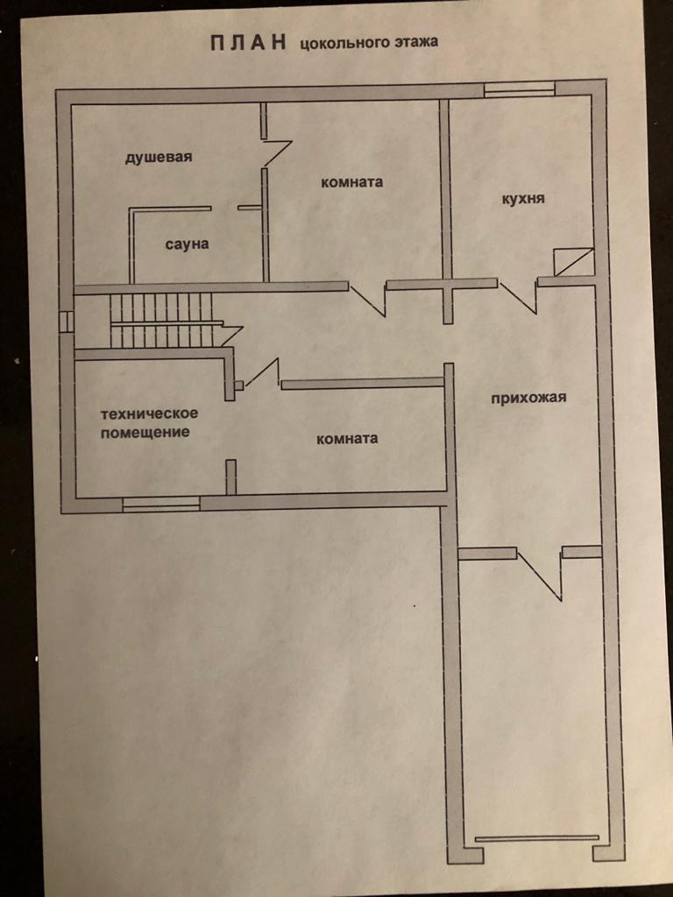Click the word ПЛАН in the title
click(x=248, y=44)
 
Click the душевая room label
click(x=158, y=157)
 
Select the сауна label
click(x=187, y=244)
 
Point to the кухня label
click(x=523, y=198)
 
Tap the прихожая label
click(x=528, y=398)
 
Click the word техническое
click(x=149, y=413)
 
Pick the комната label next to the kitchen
click(x=352, y=182)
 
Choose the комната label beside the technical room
click(x=347, y=438)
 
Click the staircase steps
click(x=161, y=321)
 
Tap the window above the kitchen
click(x=520, y=88)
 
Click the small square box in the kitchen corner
click(x=573, y=262)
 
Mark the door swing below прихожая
click(x=540, y=574)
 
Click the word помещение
click(x=145, y=433)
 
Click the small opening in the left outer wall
click(x=65, y=321)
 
